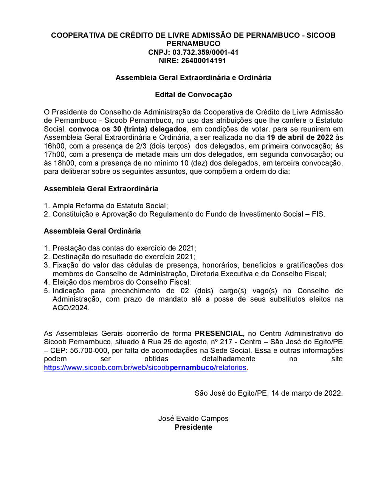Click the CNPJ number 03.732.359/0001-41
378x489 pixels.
pos(205,52)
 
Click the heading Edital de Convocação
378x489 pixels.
pos(193,94)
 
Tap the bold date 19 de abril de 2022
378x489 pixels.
pos(300,137)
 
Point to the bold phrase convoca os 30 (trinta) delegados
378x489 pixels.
pos(127,129)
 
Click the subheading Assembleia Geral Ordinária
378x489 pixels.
pos(92,231)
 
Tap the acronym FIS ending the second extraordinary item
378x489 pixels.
pos(318,214)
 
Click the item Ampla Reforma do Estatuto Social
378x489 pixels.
pos(110,206)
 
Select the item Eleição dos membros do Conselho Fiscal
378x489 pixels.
pos(121,282)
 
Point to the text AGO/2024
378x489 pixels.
pos(70,308)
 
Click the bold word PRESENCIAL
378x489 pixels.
pos(219,333)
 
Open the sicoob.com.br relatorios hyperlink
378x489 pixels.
pos(145,367)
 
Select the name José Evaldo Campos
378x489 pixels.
pos(193,418)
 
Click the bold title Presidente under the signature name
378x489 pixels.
pos(193,427)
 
